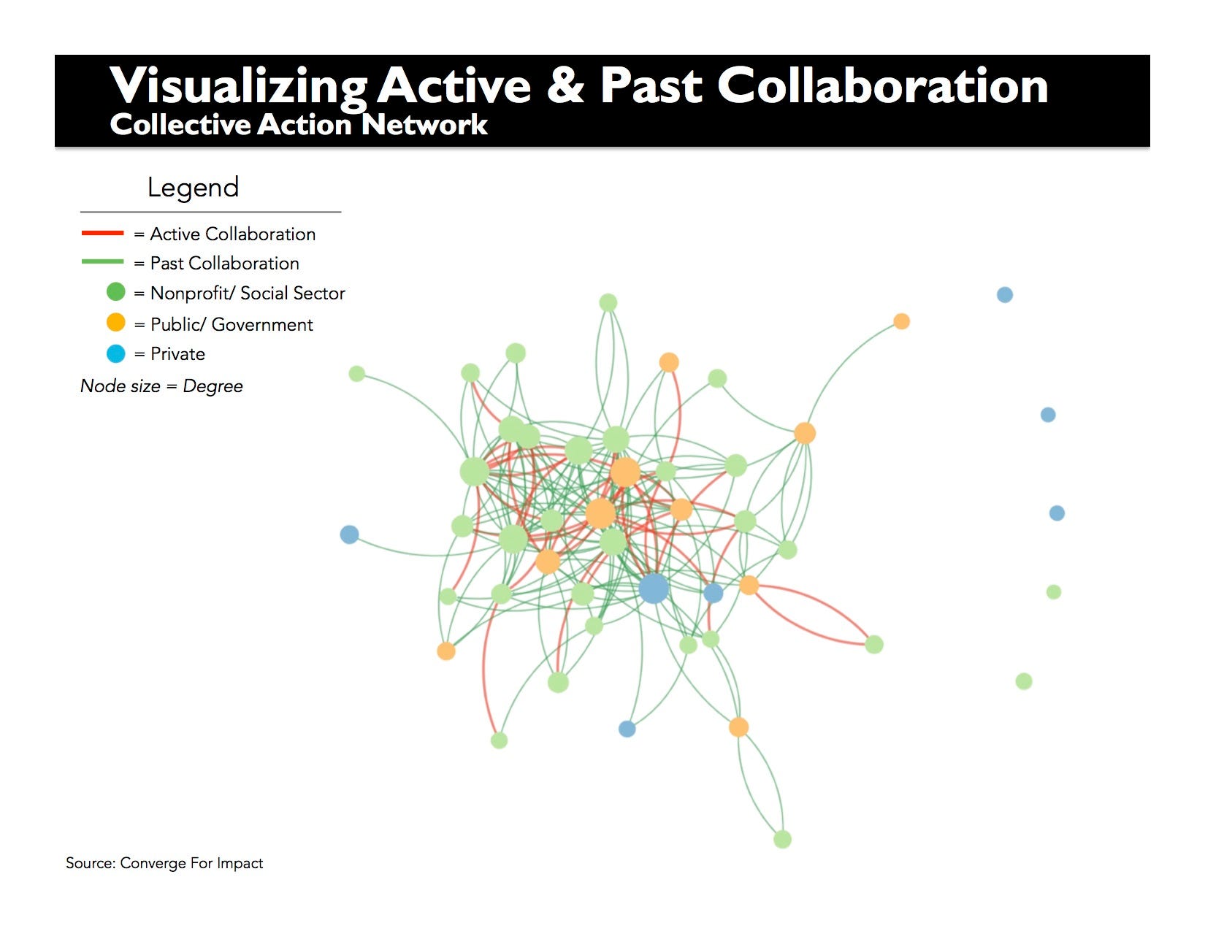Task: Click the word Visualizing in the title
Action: [x=238, y=86]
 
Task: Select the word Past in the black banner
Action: [x=651, y=85]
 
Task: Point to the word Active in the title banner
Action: [x=454, y=85]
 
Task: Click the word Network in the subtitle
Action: [x=424, y=125]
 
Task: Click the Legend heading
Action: [x=193, y=188]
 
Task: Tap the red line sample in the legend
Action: [x=103, y=234]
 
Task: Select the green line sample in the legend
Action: [x=103, y=262]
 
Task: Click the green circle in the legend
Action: [x=116, y=292]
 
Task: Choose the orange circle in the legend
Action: [x=116, y=323]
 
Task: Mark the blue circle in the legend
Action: [x=116, y=354]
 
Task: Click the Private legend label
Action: [x=177, y=354]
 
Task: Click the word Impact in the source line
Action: [x=240, y=863]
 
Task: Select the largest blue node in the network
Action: [x=654, y=588]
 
